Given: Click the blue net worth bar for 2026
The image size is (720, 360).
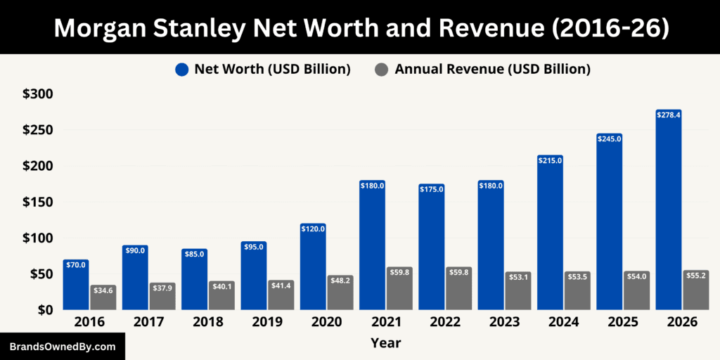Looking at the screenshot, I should click(x=668, y=211).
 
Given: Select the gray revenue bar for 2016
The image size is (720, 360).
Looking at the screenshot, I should click(x=103, y=298).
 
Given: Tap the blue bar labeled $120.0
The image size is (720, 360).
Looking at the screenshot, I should click(x=313, y=267).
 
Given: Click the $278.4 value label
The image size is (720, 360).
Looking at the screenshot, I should click(x=668, y=114).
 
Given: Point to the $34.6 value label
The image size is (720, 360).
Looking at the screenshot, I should click(x=103, y=290).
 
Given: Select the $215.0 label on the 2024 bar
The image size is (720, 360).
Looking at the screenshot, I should click(x=550, y=160).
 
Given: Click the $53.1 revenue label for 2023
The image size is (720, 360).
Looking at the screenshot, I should click(x=517, y=276).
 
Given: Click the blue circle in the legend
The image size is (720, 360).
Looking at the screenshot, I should click(x=181, y=69).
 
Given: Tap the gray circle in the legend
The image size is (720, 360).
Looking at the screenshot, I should click(x=381, y=69).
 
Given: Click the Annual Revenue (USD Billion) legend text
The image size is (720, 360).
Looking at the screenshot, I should click(x=492, y=69).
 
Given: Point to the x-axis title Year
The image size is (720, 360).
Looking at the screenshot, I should click(x=385, y=343).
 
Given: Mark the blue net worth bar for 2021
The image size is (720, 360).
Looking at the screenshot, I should click(x=372, y=246).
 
